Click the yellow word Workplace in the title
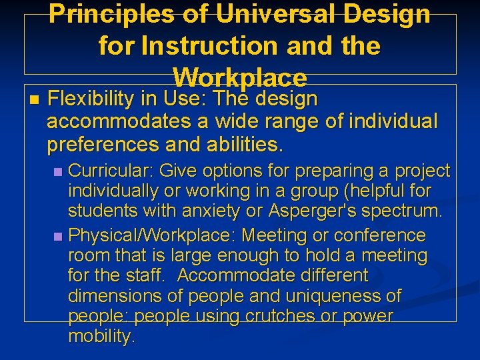click(240, 78)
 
